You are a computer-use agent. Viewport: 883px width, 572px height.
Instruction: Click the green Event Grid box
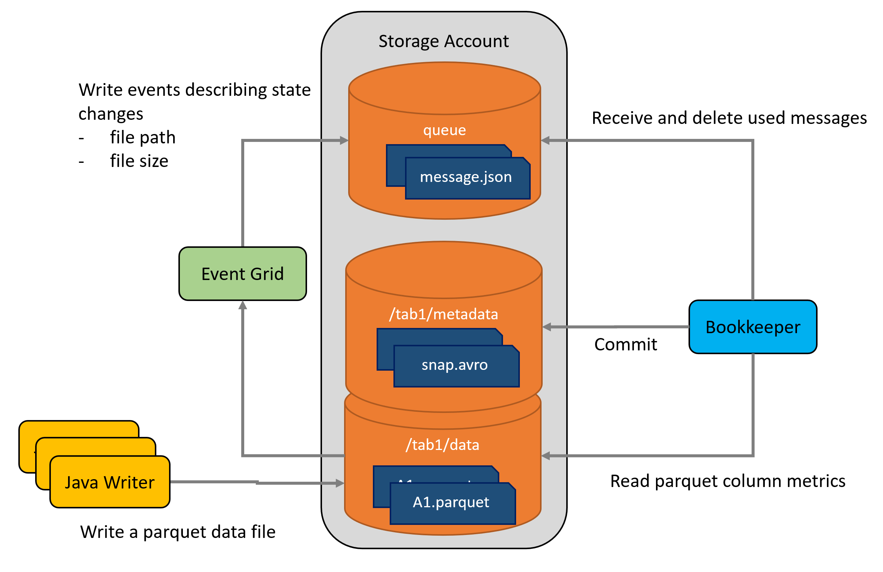click(243, 274)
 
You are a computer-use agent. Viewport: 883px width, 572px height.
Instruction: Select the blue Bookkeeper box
click(753, 327)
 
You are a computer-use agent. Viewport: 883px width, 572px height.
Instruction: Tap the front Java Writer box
click(110, 482)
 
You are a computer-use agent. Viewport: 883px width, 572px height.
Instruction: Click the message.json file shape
click(468, 178)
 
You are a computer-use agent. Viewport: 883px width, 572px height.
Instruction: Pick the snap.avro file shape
click(457, 366)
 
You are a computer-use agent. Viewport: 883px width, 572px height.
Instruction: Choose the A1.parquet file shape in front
click(453, 503)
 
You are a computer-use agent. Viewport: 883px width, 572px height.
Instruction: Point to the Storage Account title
click(444, 41)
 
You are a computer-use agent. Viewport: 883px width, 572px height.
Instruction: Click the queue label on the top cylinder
click(445, 130)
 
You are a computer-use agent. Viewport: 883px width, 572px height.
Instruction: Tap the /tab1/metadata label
click(444, 314)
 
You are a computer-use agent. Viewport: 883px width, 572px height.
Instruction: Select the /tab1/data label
click(443, 445)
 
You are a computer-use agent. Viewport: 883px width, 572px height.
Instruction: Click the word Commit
click(626, 344)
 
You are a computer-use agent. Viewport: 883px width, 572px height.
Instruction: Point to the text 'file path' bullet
click(143, 137)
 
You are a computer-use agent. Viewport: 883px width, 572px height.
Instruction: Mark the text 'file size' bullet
click(139, 161)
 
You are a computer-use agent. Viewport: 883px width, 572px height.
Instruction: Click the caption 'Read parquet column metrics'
click(728, 481)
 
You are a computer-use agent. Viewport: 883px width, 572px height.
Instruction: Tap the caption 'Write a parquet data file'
click(178, 532)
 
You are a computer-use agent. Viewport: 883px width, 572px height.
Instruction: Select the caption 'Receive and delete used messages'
click(729, 118)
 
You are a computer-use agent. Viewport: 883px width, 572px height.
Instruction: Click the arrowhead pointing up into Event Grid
click(243, 305)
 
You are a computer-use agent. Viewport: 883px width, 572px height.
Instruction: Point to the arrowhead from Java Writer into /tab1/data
click(340, 483)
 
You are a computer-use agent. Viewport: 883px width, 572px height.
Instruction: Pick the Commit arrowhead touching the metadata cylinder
click(547, 327)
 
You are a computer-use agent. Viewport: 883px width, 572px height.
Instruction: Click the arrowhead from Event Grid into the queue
click(344, 140)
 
